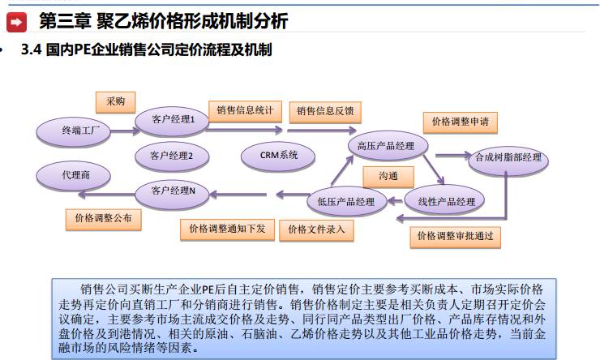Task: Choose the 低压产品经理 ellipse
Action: point(345,201)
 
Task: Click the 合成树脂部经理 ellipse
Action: point(508,158)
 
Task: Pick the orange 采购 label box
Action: point(115,101)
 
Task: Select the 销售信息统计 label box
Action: point(245,109)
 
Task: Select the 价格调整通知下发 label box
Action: point(227,229)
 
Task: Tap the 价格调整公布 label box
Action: point(103,218)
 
